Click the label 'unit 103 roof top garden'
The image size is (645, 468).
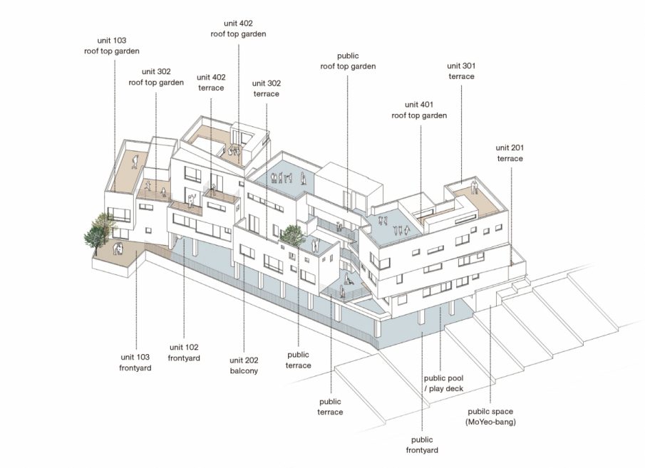(x=112, y=46)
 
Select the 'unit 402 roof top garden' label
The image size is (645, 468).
(x=238, y=28)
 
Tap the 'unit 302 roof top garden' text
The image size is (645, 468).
(x=156, y=77)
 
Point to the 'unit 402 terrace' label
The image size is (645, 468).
(x=211, y=82)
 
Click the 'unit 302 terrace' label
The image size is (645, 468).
(x=266, y=88)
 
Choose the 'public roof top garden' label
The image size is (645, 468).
(x=348, y=61)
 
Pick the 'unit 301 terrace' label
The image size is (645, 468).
(x=461, y=71)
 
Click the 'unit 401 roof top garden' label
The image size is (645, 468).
(x=419, y=110)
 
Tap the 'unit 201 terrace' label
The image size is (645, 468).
(x=510, y=153)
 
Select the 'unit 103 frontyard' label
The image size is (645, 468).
(x=135, y=363)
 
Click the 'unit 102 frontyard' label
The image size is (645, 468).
(x=184, y=353)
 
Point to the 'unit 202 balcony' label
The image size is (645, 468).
(x=244, y=365)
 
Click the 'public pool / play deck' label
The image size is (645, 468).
(x=443, y=383)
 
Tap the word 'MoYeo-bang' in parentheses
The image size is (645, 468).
(x=490, y=422)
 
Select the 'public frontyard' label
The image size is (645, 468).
(x=422, y=445)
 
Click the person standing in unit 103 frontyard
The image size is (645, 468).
(x=119, y=249)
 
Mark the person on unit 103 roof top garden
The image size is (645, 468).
(x=134, y=161)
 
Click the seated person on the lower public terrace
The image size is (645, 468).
(x=348, y=279)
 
